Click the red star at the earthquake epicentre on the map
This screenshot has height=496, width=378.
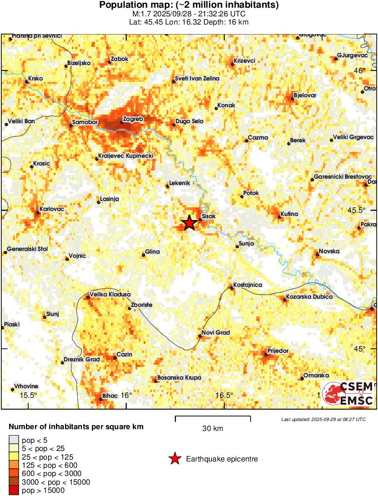click(x=189, y=223)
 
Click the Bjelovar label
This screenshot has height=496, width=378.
click(x=305, y=95)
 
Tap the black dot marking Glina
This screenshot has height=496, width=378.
click(x=143, y=256)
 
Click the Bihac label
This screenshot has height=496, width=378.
click(x=110, y=396)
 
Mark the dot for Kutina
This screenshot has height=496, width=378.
click(x=279, y=217)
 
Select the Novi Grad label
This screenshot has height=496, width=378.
click(x=216, y=333)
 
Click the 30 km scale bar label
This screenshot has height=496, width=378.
click(x=212, y=428)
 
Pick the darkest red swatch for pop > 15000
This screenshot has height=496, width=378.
click(x=14, y=490)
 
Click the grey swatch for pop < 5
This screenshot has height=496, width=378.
click(x=14, y=440)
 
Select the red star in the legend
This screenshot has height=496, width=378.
click(x=174, y=459)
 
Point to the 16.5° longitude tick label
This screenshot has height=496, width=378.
click(x=224, y=395)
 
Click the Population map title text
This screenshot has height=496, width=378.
click(x=189, y=5)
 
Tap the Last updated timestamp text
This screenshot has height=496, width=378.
click(x=323, y=419)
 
